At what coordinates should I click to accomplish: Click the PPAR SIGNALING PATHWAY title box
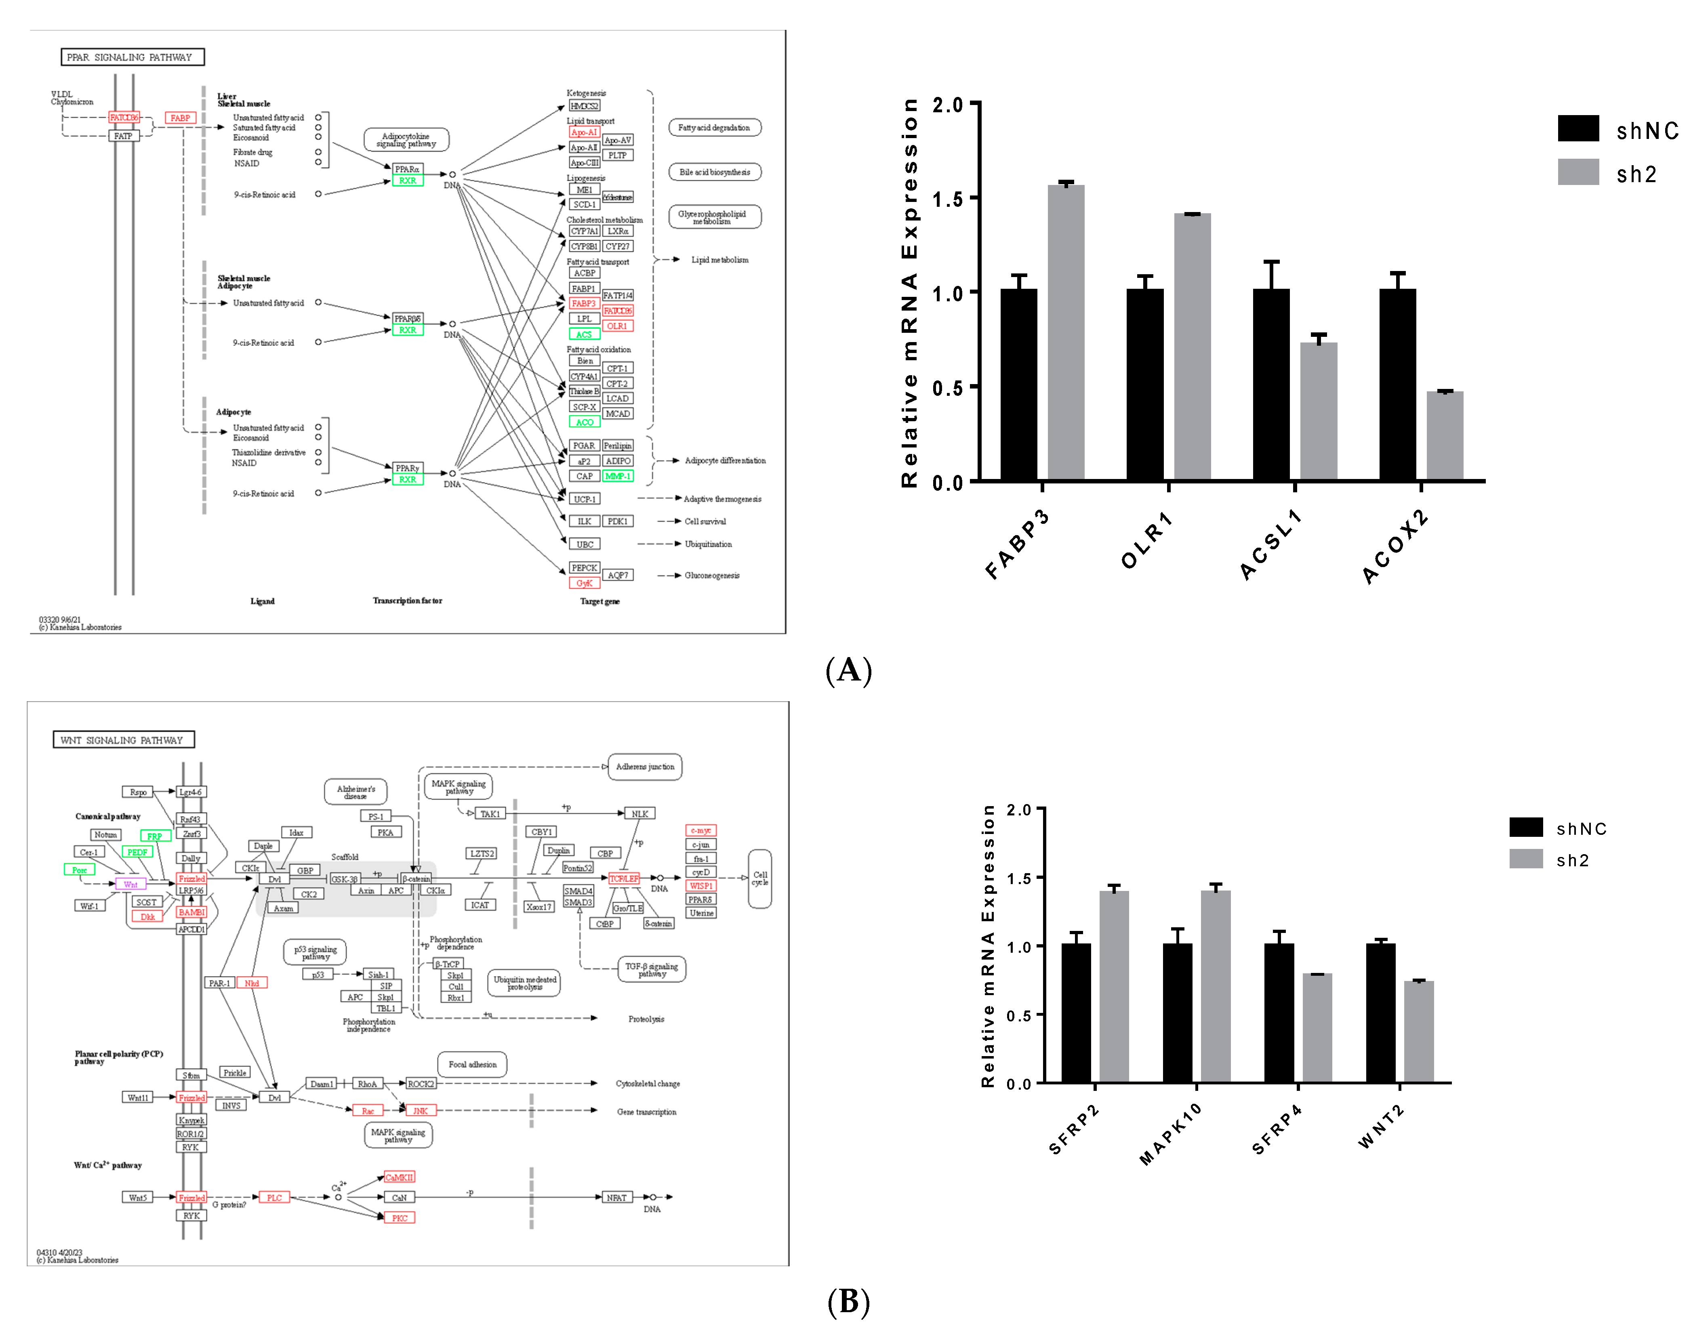point(132,57)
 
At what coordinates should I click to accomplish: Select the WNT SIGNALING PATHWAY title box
point(123,740)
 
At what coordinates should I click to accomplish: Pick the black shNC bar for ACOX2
point(1397,383)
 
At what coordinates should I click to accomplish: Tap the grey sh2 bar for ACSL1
point(1318,411)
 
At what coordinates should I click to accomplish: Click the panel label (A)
point(848,670)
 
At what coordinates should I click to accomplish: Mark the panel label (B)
point(848,1302)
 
